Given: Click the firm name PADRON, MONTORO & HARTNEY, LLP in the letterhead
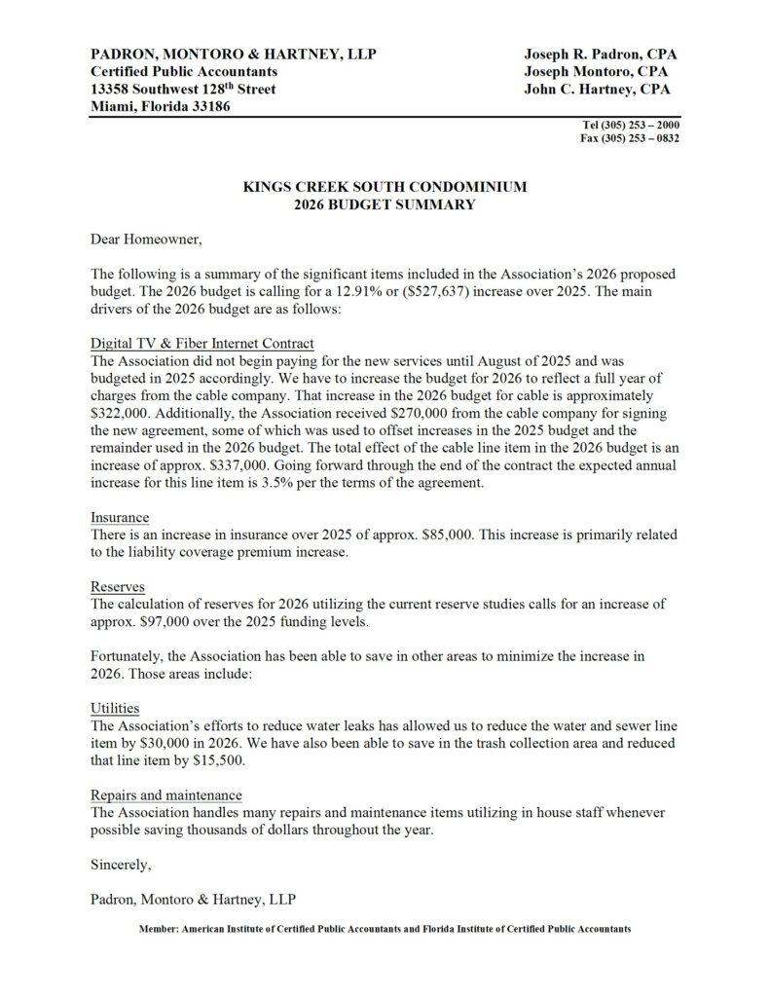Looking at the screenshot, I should click(x=233, y=54).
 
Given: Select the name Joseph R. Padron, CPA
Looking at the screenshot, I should click(x=600, y=54).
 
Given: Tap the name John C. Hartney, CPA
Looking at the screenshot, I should click(x=597, y=89).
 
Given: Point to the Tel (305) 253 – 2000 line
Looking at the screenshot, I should click(x=631, y=126).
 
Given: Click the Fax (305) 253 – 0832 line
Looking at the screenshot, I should click(x=631, y=138).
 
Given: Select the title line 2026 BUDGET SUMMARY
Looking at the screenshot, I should click(x=385, y=204).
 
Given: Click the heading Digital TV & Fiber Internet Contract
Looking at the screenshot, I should click(x=202, y=344).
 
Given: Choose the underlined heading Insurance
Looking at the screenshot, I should click(x=120, y=518).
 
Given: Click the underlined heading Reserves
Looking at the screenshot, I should click(x=118, y=587).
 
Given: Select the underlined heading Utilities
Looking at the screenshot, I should click(x=115, y=708).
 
